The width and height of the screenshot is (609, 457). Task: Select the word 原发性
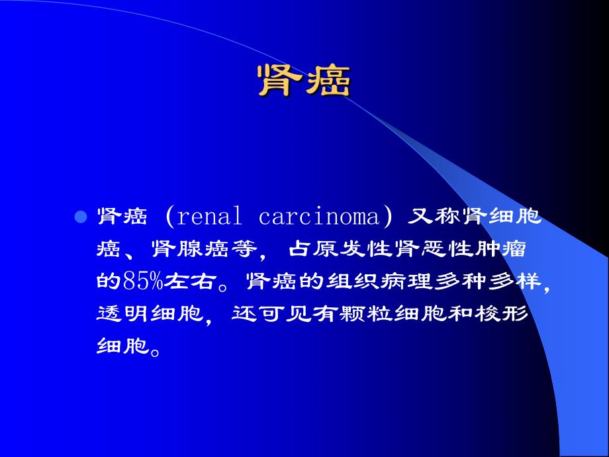[344, 248]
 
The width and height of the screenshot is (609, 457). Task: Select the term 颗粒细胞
[392, 313]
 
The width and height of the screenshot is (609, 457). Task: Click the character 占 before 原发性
[299, 248]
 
